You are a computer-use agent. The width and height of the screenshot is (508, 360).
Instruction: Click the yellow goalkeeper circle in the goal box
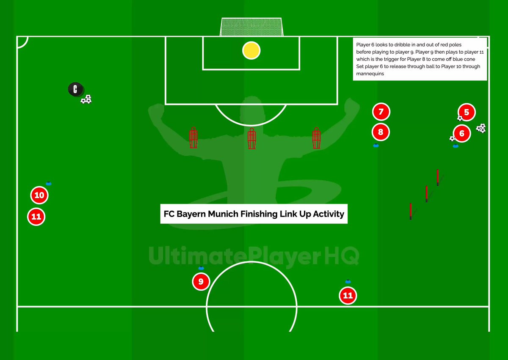[x=251, y=50]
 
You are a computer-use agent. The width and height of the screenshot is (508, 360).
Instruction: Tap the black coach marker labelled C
[x=75, y=89]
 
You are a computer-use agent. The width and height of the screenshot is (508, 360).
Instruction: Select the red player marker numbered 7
[x=381, y=112]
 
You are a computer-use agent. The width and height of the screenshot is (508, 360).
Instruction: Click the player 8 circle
[x=381, y=132]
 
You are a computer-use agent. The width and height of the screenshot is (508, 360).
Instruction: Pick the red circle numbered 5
[x=467, y=113]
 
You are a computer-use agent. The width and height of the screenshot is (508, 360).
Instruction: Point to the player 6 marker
[x=462, y=134]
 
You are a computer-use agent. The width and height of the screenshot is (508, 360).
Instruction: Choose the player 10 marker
[x=39, y=195]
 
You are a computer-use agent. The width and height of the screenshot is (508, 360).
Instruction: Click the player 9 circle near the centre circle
[x=201, y=281]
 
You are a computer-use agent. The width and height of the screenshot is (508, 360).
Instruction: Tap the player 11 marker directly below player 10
[x=36, y=217]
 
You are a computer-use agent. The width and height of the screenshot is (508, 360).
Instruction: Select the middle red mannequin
[x=252, y=138]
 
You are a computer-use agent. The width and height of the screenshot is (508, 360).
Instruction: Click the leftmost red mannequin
[x=193, y=138]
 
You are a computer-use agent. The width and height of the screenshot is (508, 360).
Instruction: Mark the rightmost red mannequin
[x=316, y=138]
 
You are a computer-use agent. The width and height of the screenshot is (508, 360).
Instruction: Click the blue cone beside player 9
[x=201, y=268]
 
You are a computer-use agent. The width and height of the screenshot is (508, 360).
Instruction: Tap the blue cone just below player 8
[x=376, y=146]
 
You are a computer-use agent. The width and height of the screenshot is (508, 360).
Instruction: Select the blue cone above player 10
[x=48, y=183]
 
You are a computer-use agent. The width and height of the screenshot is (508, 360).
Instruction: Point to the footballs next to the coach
[x=86, y=100]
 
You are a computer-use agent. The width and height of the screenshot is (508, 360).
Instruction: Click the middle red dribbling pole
[x=426, y=194]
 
